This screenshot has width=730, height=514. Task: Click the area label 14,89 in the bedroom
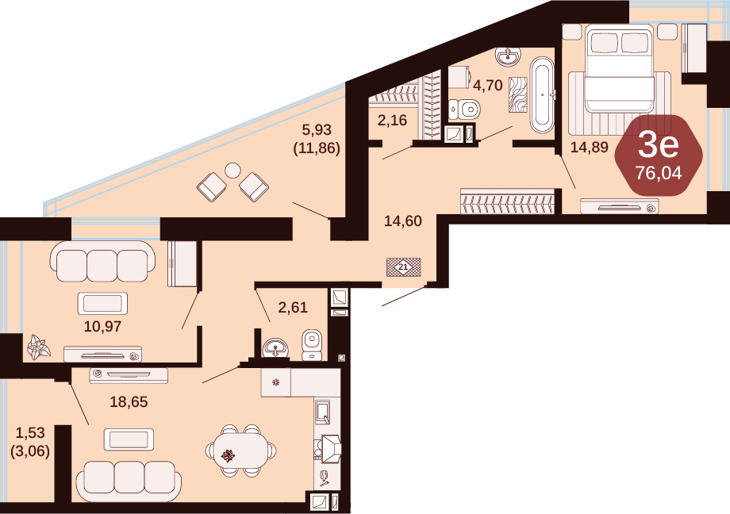[590, 147]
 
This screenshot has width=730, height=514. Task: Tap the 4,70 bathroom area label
[487, 85]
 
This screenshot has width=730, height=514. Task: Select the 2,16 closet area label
[392, 121]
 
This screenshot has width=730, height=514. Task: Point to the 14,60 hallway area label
[403, 221]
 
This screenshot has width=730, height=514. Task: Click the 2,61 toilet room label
[293, 307]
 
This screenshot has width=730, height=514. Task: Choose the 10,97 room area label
[102, 326]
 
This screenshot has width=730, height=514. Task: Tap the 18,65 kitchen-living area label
[129, 401]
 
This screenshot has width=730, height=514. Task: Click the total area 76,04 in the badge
[659, 173]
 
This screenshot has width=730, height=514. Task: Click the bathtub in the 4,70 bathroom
[542, 95]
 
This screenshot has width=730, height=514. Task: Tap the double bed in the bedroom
[619, 68]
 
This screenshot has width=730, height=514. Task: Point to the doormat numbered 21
[404, 267]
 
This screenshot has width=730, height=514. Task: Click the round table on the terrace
[232, 171]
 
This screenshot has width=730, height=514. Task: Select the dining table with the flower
[240, 451]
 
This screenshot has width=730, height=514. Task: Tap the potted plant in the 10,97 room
[38, 347]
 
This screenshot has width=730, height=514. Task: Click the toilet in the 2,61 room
[312, 345]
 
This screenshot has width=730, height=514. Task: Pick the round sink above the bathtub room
[508, 57]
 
